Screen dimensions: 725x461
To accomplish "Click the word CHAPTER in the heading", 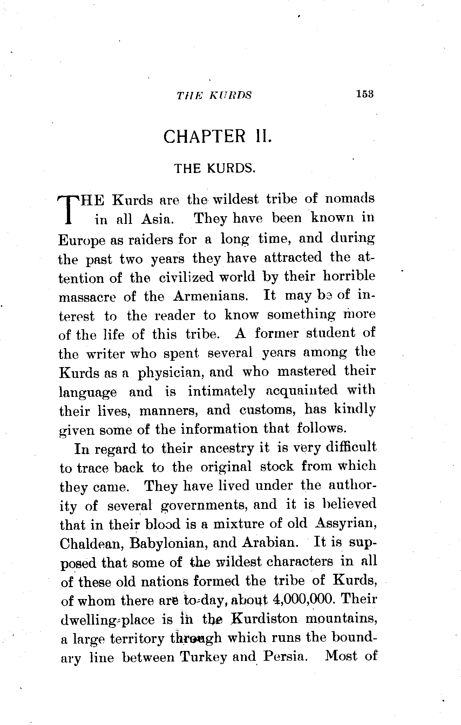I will point(205,137).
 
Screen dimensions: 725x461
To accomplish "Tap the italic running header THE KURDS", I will point(214,95).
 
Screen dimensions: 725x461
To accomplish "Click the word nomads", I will point(350,199).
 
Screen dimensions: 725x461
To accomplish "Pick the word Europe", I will point(82,240).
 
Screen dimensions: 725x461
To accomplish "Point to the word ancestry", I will point(226,449).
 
